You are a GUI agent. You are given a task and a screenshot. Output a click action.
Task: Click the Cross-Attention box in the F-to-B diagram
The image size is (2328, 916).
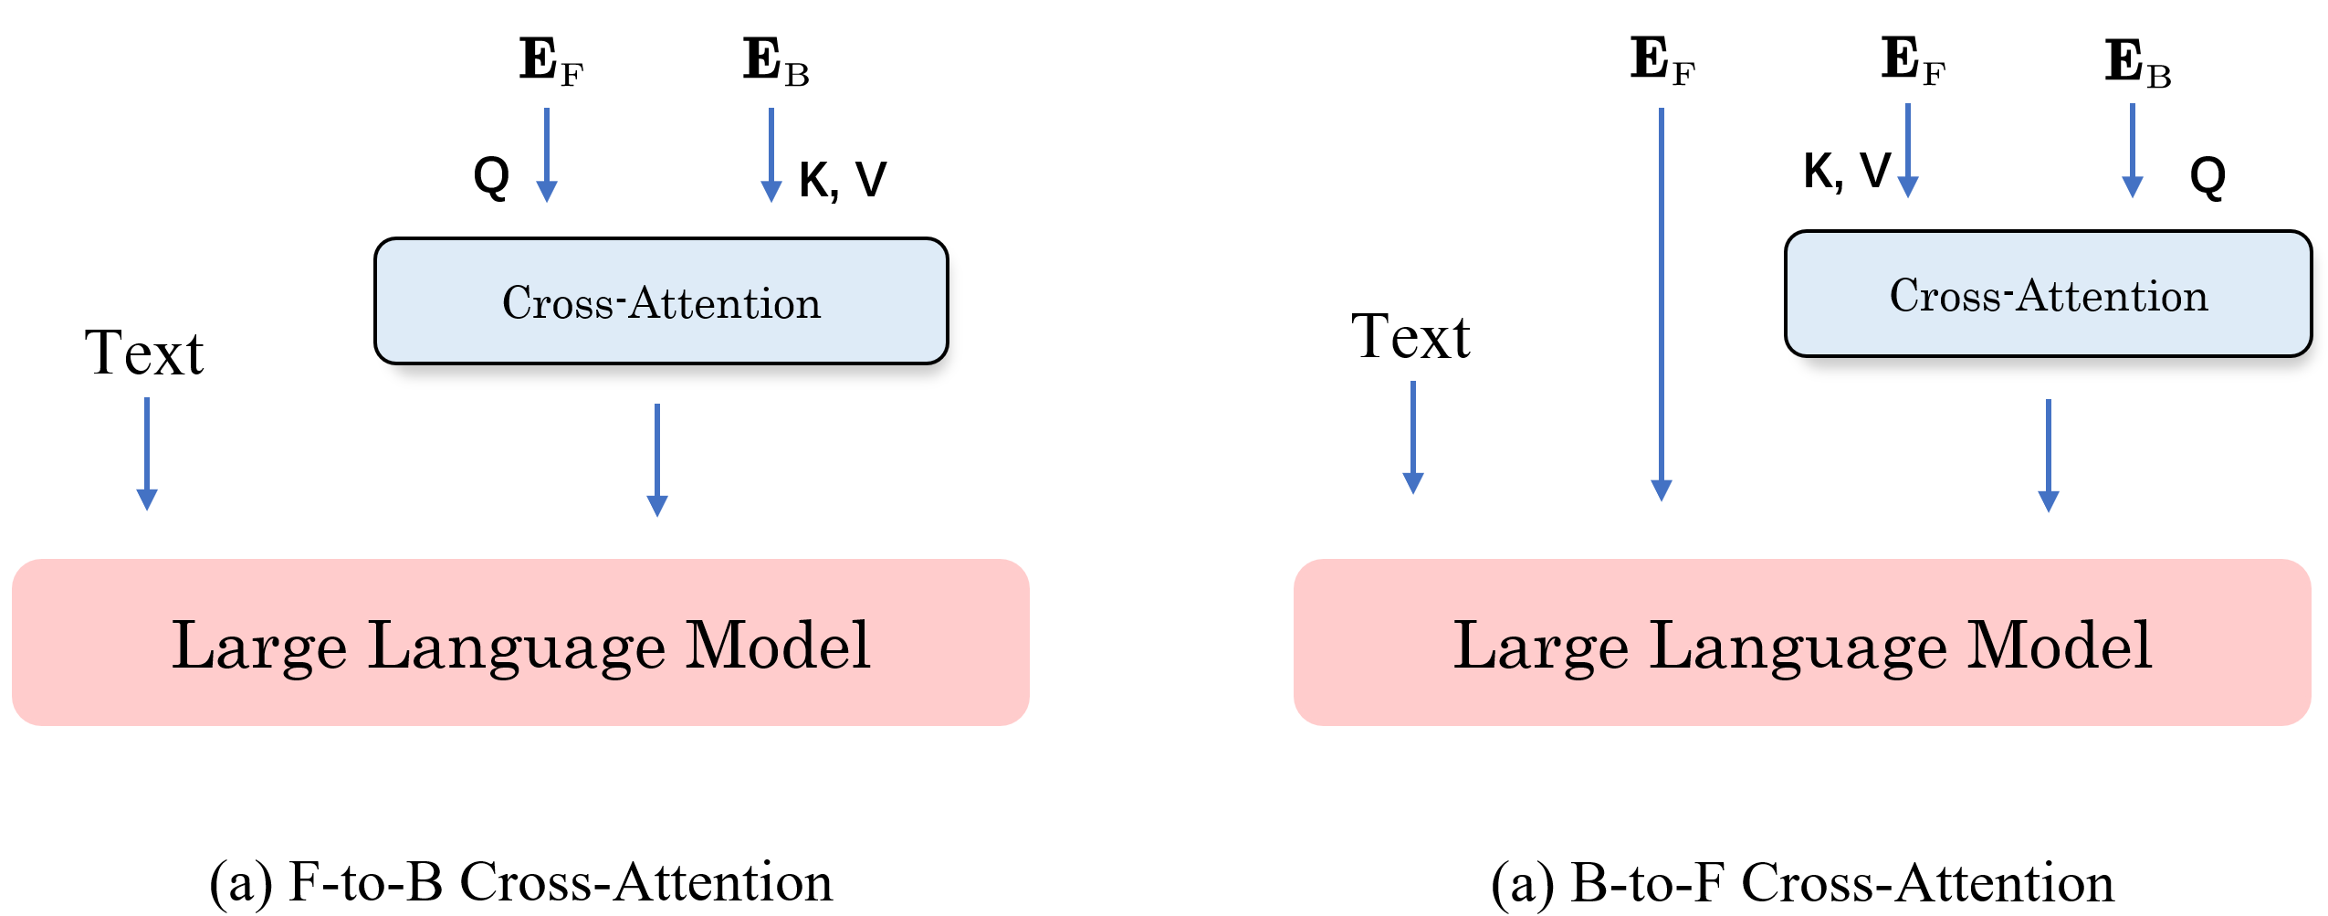pyautogui.click(x=661, y=301)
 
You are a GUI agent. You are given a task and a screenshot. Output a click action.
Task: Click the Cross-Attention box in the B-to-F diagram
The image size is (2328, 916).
pyautogui.click(x=2048, y=294)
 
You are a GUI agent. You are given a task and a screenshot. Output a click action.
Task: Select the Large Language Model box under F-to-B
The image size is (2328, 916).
pyautogui.click(x=520, y=643)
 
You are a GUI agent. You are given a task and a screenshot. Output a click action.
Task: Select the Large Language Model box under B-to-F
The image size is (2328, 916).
pyautogui.click(x=1802, y=643)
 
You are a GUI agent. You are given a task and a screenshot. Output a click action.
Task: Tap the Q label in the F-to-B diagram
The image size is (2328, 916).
pyautogui.click(x=491, y=175)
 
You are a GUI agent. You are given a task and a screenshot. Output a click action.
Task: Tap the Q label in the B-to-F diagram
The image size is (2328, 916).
pyautogui.click(x=2207, y=175)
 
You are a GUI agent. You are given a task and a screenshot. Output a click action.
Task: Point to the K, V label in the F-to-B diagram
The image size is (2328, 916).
pyautogui.click(x=842, y=179)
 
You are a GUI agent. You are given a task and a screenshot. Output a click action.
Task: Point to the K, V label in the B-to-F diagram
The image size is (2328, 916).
pyautogui.click(x=1846, y=171)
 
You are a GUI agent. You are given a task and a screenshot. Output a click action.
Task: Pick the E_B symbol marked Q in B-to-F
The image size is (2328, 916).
pyautogui.click(x=2137, y=63)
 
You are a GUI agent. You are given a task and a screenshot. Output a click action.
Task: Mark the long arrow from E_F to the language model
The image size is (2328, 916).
pyautogui.click(x=1662, y=301)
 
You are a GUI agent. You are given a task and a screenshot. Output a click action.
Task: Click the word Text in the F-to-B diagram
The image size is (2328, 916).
pyautogui.click(x=144, y=353)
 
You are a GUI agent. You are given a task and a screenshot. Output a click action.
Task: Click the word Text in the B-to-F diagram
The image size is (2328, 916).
pyautogui.click(x=1410, y=337)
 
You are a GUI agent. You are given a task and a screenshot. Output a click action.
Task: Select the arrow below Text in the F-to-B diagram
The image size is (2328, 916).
pyautogui.click(x=147, y=453)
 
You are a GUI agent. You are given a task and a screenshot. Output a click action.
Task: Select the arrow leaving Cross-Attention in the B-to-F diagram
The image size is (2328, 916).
pyautogui.click(x=2049, y=455)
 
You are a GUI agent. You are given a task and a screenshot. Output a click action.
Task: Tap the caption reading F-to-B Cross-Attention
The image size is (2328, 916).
pyautogui.click(x=520, y=882)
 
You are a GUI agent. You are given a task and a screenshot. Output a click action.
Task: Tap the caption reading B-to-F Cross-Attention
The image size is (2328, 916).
pyautogui.click(x=1802, y=883)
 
